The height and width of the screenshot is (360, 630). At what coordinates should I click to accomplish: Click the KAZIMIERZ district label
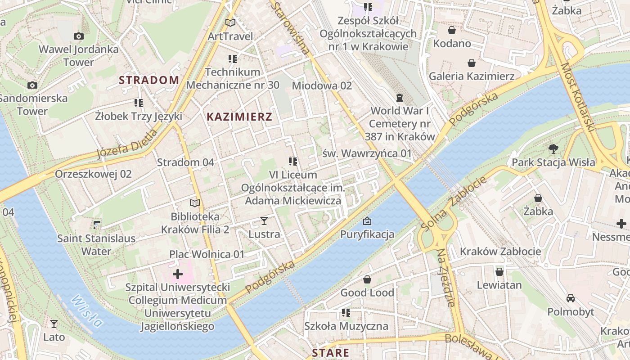point(239,117)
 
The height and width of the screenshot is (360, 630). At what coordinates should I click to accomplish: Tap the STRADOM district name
point(149,81)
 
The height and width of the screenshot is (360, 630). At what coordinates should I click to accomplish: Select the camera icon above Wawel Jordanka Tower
point(79,36)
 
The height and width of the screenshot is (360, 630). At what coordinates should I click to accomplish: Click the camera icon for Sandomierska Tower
point(32,85)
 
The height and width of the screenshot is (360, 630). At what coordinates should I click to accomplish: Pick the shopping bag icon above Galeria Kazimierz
point(471,63)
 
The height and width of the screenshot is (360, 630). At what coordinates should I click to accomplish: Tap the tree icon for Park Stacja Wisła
point(553,149)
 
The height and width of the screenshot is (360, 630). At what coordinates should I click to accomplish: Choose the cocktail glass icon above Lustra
point(264,221)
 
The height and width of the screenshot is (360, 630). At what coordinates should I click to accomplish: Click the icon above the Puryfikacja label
point(367,221)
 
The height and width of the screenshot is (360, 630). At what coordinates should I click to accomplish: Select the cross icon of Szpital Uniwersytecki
point(178,274)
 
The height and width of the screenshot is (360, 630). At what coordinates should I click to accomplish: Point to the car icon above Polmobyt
point(571,298)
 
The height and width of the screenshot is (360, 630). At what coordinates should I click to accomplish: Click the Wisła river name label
point(86,310)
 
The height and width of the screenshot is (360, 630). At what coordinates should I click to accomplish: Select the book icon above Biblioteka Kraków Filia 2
point(194,203)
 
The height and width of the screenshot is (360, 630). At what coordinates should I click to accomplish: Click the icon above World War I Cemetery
point(399,98)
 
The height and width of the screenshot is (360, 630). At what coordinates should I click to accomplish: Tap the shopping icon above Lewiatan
point(499,272)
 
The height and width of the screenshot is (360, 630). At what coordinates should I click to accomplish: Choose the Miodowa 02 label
point(322,85)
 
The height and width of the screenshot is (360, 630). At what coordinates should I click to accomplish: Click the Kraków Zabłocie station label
point(500,252)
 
